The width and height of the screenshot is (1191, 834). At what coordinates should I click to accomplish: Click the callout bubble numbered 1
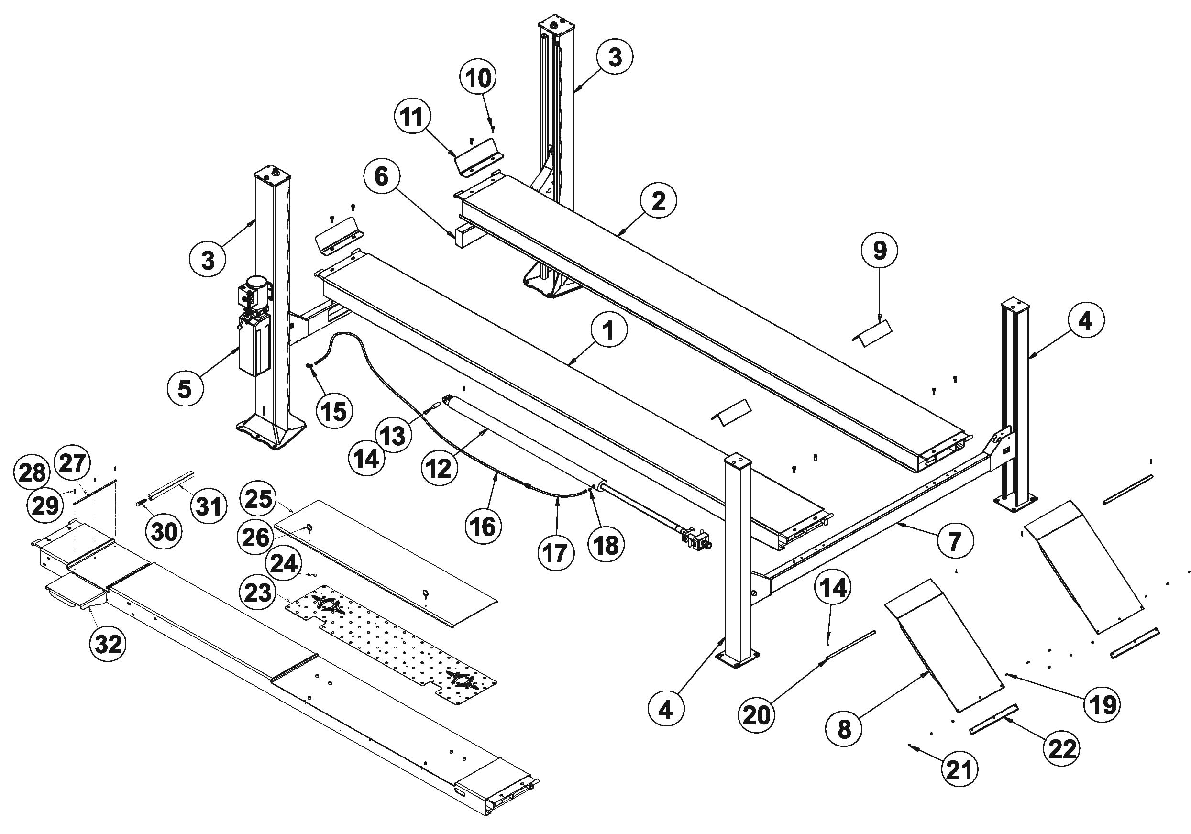pyautogui.click(x=608, y=330)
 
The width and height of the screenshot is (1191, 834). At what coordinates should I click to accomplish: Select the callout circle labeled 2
pyautogui.click(x=658, y=201)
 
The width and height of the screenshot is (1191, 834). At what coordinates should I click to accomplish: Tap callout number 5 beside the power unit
pyautogui.click(x=185, y=388)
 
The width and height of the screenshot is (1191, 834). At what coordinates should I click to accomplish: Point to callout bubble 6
pyautogui.click(x=381, y=176)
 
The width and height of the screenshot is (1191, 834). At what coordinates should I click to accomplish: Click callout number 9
pyautogui.click(x=880, y=251)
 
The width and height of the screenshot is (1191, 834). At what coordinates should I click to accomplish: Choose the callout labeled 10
pyautogui.click(x=478, y=78)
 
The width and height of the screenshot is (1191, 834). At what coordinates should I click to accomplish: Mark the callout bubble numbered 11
pyautogui.click(x=413, y=117)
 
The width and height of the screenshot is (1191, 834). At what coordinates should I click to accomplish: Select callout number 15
pyautogui.click(x=334, y=411)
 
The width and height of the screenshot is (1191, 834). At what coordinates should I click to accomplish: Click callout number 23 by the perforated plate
pyautogui.click(x=258, y=592)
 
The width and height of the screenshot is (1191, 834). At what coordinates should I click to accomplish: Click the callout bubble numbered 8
pyautogui.click(x=844, y=729)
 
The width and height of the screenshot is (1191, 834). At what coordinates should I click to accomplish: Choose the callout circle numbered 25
pyautogui.click(x=258, y=498)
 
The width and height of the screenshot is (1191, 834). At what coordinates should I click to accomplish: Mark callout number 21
pyautogui.click(x=959, y=769)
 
